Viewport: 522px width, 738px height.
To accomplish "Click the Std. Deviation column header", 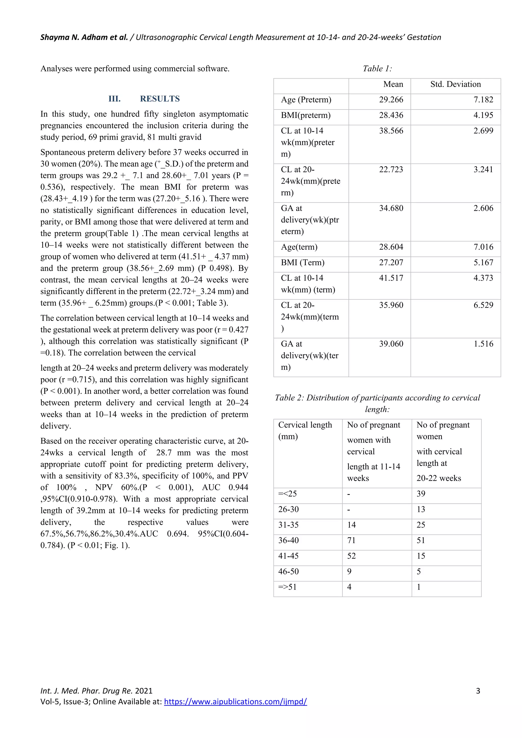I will [455, 84].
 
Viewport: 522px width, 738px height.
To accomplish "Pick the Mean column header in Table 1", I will [393, 84].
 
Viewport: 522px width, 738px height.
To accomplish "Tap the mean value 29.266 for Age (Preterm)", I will [391, 100].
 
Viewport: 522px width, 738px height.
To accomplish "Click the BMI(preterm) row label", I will [305, 115].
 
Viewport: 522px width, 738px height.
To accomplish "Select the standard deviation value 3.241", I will [483, 169].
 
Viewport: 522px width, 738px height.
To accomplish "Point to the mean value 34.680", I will [391, 208].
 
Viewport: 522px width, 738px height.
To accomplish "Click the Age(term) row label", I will [299, 247].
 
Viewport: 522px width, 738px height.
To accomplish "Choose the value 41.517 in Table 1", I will [391, 278].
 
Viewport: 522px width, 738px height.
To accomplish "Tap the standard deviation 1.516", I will [483, 344].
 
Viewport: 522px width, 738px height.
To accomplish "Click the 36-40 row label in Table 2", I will [288, 540].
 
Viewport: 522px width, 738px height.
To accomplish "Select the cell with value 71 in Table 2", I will [351, 540].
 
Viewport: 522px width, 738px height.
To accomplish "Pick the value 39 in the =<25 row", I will [421, 494].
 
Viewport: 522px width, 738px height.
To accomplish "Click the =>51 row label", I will [287, 587].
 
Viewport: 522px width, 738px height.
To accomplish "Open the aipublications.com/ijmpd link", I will [235, 702].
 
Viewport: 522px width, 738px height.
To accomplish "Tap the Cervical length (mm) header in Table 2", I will [305, 430].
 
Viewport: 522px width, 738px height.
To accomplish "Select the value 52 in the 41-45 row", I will [351, 556].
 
